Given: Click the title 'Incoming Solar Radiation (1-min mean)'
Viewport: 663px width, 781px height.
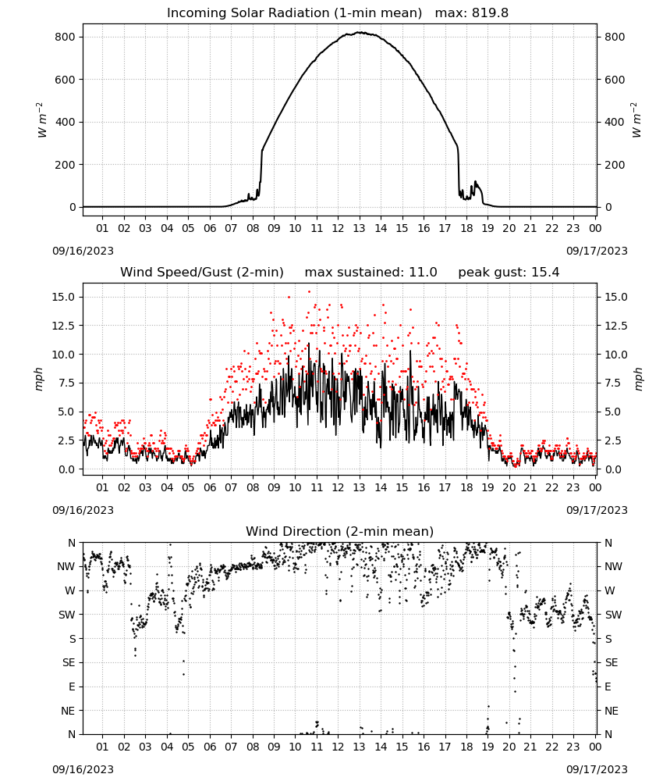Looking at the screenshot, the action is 294,13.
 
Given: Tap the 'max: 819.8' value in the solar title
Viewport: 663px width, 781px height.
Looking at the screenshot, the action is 472,13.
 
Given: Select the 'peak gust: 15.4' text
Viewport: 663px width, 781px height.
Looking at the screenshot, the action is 509,273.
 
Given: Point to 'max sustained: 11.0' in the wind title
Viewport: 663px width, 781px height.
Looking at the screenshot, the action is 370,273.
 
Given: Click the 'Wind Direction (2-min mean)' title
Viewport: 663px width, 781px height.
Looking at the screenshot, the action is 340,531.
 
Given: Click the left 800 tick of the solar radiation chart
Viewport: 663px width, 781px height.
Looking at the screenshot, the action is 66,37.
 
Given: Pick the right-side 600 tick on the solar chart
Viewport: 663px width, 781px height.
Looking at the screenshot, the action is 615,80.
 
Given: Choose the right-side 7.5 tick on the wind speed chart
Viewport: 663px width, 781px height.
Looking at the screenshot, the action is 613,383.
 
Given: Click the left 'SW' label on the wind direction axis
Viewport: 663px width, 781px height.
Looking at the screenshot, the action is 66,615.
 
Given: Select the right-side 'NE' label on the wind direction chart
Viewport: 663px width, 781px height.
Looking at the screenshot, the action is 612,711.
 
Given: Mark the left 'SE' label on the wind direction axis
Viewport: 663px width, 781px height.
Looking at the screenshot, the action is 69,663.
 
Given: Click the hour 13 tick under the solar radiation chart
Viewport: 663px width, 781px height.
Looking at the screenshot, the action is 359,228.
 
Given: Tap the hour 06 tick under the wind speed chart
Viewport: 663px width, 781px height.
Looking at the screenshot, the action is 210,487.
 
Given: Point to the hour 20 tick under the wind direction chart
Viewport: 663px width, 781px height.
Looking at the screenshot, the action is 509,747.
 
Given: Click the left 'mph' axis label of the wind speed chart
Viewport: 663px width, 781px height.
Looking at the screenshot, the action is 39,379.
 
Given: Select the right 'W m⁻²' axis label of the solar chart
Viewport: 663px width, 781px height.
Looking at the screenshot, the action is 636,120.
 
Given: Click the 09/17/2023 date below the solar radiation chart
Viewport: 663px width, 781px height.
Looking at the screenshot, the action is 597,251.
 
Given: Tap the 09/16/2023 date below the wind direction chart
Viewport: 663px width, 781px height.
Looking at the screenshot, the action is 83,769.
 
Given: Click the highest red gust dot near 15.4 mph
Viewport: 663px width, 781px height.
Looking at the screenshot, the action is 309,291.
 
